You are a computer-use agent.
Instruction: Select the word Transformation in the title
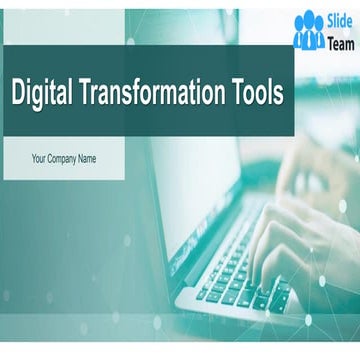pyautogui.click(x=151, y=93)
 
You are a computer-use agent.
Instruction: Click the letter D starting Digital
pyautogui.click(x=16, y=93)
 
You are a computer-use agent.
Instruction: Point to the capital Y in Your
pyautogui.click(x=34, y=158)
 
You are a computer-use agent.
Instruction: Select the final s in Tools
pyautogui.click(x=279, y=95)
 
